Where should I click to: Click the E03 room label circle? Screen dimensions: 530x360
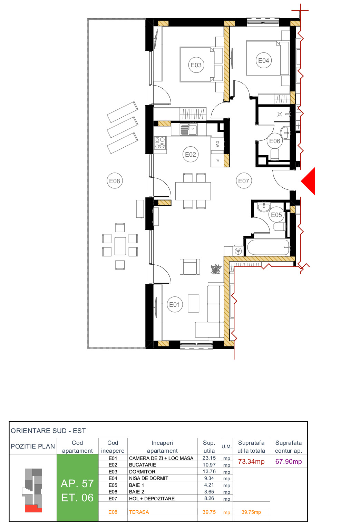(x=196, y=65)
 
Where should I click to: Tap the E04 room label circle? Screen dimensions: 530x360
(x=264, y=60)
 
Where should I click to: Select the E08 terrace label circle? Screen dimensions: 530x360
(x=115, y=181)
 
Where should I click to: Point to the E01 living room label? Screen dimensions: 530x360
(x=175, y=304)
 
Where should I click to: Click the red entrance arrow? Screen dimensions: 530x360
(x=309, y=181)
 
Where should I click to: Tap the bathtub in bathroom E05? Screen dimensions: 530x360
(x=268, y=247)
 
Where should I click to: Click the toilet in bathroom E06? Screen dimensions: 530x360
(x=275, y=154)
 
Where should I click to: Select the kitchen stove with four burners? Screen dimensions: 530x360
(x=160, y=143)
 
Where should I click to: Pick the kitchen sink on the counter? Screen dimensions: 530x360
(x=189, y=130)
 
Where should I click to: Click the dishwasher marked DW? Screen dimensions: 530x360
(x=217, y=144)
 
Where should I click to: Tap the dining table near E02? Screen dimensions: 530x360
(x=193, y=191)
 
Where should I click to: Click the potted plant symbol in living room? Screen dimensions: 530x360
(x=216, y=269)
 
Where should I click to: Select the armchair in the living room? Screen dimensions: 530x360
(x=190, y=267)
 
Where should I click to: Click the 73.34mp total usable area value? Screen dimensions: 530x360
(x=251, y=462)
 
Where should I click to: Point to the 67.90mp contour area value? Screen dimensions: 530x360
(x=289, y=462)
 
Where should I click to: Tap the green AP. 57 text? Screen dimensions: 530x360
(x=77, y=483)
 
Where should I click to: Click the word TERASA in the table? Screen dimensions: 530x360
(x=139, y=512)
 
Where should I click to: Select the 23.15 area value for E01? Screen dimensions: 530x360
(x=209, y=458)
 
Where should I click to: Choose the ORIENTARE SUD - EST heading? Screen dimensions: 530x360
(x=48, y=431)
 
